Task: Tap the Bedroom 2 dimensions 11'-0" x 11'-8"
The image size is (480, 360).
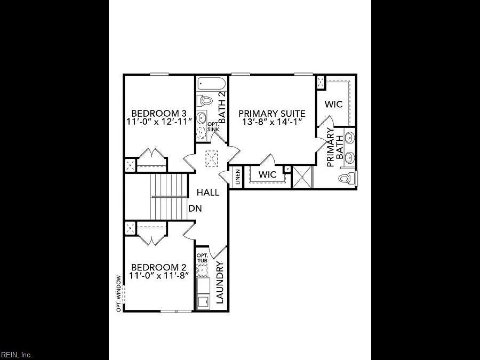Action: (x=158, y=276)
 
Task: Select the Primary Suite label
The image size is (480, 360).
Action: (x=272, y=114)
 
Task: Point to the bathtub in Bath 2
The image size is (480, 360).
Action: (x=212, y=83)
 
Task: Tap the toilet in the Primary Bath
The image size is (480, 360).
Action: (x=347, y=178)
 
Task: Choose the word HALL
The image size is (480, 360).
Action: (x=208, y=193)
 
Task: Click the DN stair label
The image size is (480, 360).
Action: (x=195, y=209)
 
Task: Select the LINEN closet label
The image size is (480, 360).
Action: (x=238, y=177)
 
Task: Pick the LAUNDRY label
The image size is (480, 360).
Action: (x=220, y=283)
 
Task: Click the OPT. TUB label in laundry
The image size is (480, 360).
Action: (x=202, y=258)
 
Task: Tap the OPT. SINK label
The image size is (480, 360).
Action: (x=213, y=127)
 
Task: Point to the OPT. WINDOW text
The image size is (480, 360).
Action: (x=119, y=294)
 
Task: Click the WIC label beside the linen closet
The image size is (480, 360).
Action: (x=267, y=174)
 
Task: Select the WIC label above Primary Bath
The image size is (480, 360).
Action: (x=333, y=104)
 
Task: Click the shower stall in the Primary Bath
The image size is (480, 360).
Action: (x=302, y=177)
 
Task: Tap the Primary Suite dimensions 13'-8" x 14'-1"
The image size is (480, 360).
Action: (x=272, y=122)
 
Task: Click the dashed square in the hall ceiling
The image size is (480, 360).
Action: (x=211, y=158)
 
